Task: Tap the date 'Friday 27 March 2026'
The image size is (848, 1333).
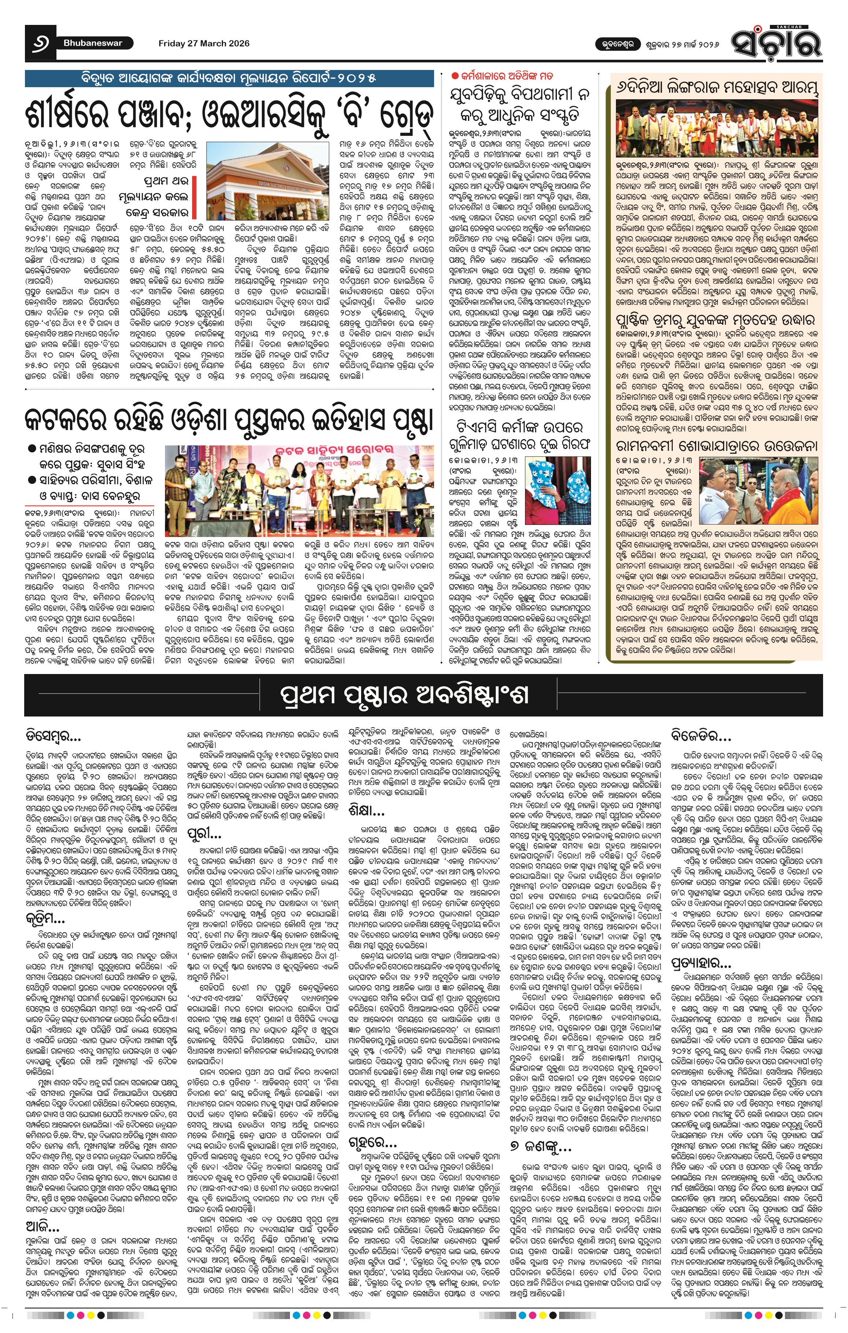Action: [x=204, y=43]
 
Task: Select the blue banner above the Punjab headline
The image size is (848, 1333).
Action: [x=229, y=78]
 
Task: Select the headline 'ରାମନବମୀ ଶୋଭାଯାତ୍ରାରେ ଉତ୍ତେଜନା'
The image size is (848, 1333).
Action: [x=716, y=446]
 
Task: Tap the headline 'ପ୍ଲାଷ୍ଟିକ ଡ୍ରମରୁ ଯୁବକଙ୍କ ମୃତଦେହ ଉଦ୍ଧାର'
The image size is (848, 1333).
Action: [x=716, y=321]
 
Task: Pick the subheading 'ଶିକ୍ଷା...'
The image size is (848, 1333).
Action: [x=367, y=811]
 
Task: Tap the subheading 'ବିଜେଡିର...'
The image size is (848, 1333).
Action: [x=701, y=737]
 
